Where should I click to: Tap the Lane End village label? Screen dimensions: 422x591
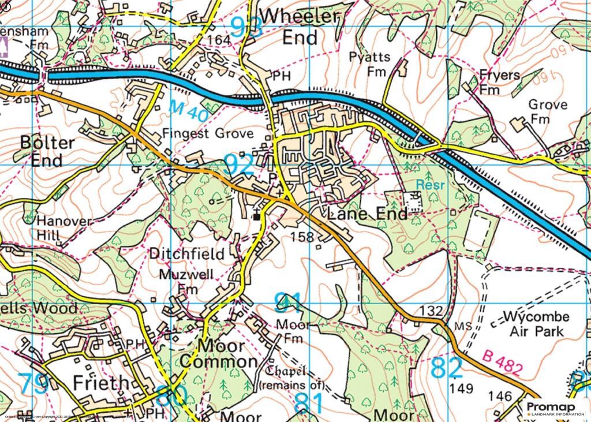367,214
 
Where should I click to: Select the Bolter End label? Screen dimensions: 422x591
47,151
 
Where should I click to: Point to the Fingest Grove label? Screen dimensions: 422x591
208,134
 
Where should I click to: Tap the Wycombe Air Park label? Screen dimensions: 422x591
536,324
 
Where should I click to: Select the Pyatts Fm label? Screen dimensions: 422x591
370,64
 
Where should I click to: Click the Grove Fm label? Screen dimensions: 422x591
548,112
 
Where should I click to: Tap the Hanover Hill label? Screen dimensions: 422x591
56,228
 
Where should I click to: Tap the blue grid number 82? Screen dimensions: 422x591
447,368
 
